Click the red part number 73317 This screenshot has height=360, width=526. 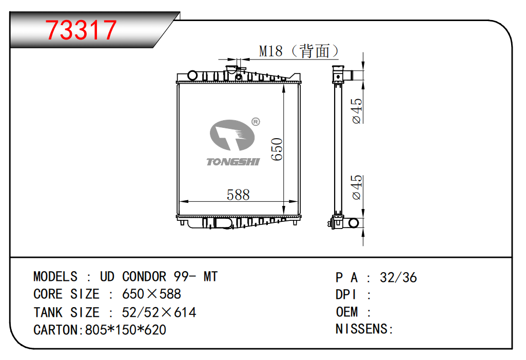click(x=81, y=30)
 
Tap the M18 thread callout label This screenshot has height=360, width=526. click(x=271, y=51)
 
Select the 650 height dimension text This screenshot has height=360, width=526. click(x=278, y=149)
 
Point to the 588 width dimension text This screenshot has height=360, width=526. click(x=238, y=195)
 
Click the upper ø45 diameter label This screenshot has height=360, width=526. click(x=357, y=111)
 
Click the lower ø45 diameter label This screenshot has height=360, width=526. click(x=357, y=187)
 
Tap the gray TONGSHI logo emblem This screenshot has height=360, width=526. click(x=232, y=135)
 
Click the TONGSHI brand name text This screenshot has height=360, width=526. click(x=233, y=162)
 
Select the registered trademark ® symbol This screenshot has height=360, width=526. click(x=256, y=122)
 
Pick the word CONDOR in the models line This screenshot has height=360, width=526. click(x=144, y=277)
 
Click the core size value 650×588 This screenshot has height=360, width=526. click(x=151, y=294)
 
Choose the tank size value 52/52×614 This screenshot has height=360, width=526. click(x=159, y=312)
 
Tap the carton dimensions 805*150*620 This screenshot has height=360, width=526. click(x=126, y=330)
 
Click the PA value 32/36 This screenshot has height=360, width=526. click(x=398, y=278)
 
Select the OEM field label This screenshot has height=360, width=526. click(x=347, y=312)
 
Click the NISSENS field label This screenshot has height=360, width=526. click(x=362, y=329)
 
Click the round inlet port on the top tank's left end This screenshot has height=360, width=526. click(x=192, y=75)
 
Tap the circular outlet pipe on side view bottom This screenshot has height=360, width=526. click(x=354, y=223)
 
